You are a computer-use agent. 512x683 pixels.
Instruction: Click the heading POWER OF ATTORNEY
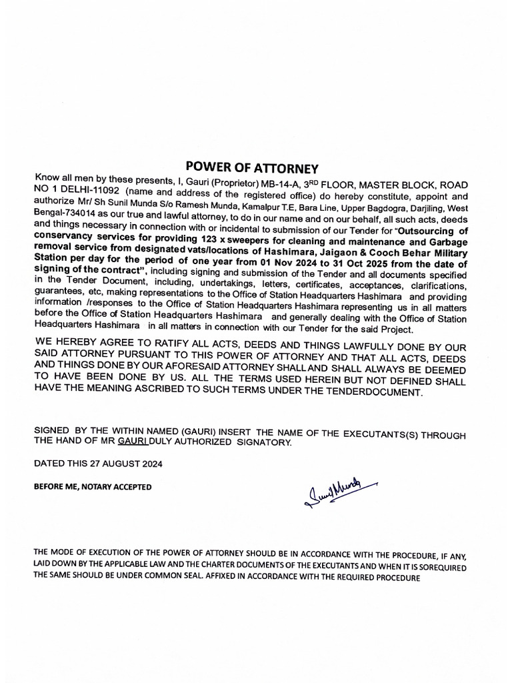(x=252, y=167)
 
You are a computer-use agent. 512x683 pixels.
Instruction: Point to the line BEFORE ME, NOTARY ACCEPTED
(x=93, y=487)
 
